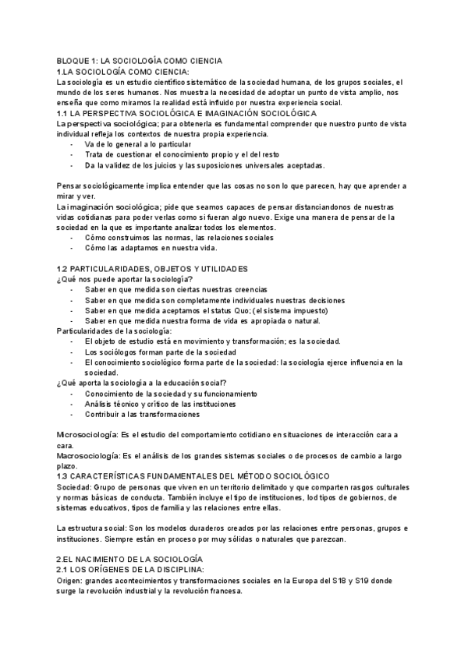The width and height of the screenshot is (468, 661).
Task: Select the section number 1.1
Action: (63, 113)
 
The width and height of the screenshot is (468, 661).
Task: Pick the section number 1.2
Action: (63, 268)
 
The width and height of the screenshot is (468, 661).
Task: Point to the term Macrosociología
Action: (86, 454)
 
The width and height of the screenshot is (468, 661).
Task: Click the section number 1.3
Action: (63, 475)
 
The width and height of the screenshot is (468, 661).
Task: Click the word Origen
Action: (70, 580)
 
